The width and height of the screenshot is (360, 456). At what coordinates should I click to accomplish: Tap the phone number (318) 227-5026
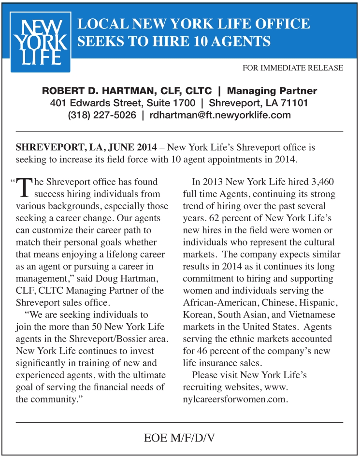click(x=102, y=115)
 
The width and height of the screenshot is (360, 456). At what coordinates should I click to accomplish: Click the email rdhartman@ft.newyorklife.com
click(x=220, y=115)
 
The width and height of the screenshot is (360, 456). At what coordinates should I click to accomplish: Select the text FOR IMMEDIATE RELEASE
click(x=293, y=68)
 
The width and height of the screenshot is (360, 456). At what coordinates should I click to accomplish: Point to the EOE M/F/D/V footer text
click(x=179, y=438)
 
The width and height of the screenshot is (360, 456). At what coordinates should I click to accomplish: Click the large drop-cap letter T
click(x=24, y=188)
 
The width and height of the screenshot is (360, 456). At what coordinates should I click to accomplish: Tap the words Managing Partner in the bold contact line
click(x=272, y=91)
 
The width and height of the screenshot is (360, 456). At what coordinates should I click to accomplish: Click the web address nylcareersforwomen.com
click(x=235, y=399)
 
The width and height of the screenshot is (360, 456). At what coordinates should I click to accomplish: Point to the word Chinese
click(x=282, y=303)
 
